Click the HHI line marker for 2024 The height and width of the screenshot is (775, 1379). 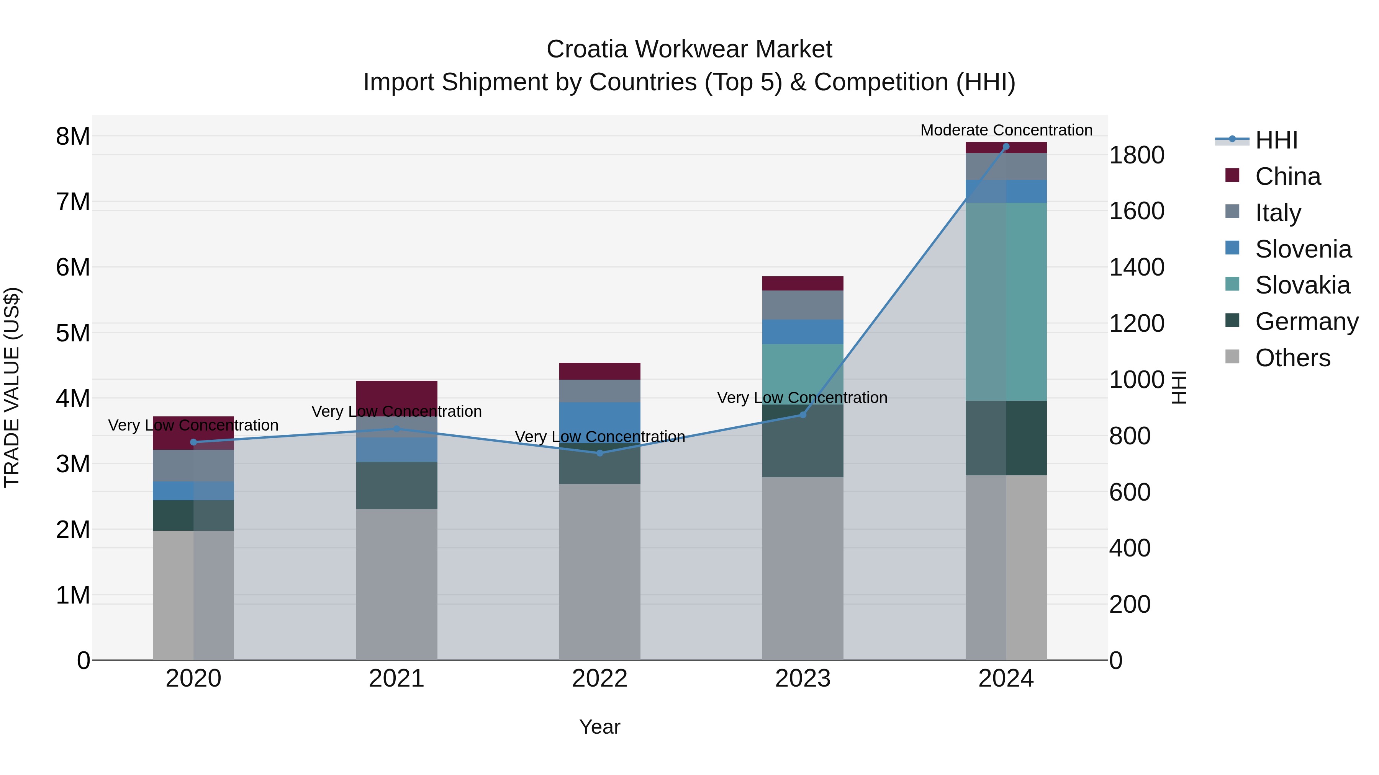click(x=1006, y=147)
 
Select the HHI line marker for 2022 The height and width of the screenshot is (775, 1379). click(x=599, y=453)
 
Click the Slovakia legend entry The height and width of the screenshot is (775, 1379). click(x=1302, y=285)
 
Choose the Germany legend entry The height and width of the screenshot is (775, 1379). click(x=1306, y=321)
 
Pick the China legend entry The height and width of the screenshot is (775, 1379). click(x=1287, y=176)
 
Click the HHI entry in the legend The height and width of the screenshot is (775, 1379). click(x=1276, y=140)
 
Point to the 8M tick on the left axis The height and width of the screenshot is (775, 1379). click(x=73, y=136)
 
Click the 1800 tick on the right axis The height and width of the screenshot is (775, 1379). click(x=1136, y=155)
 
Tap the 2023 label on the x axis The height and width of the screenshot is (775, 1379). click(x=803, y=679)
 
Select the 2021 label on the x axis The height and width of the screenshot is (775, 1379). click(x=397, y=679)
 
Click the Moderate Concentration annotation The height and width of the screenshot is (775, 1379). click(x=1006, y=130)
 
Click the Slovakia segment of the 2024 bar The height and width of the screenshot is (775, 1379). click(x=1006, y=302)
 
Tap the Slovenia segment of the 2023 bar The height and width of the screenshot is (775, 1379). click(x=803, y=331)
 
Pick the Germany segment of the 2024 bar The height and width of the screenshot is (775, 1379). click(x=1006, y=437)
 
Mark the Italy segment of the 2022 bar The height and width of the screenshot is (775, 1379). click(x=599, y=390)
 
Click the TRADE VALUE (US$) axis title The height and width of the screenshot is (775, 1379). click(x=12, y=387)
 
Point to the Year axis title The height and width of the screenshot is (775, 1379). click(x=599, y=727)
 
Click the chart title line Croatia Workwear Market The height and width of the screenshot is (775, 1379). click(x=689, y=49)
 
